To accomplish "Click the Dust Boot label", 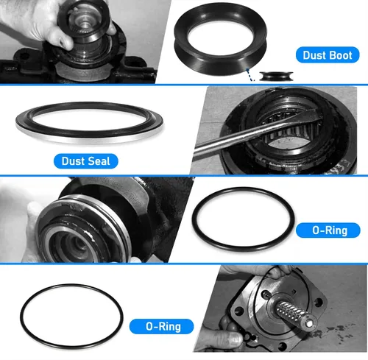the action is click(x=328, y=55).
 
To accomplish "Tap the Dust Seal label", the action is click(x=86, y=161).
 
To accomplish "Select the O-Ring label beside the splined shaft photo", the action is click(x=161, y=327).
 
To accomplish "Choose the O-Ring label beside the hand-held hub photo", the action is click(x=328, y=230).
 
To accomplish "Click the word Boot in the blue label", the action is click(x=339, y=55).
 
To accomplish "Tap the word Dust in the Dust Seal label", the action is click(x=73, y=161).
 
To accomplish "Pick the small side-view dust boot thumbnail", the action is click(x=276, y=76).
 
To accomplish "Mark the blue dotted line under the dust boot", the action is click(x=250, y=74).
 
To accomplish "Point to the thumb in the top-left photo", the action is click(x=60, y=37).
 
